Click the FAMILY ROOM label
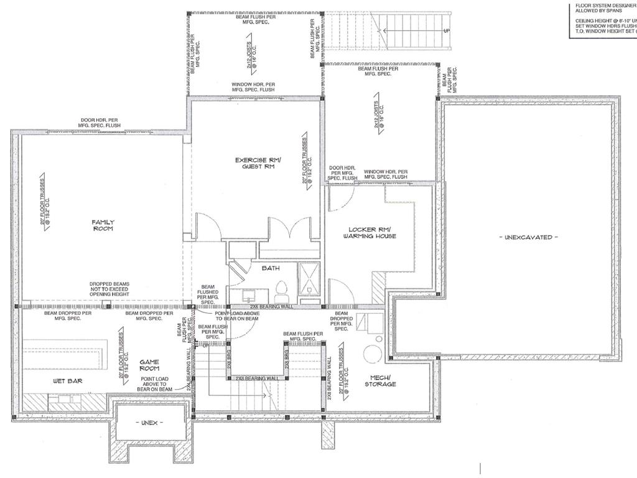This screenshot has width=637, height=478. [103, 225]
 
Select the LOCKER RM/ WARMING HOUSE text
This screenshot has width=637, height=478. [372, 233]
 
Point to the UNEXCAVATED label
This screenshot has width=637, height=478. [528, 237]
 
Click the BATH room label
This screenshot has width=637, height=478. [270, 268]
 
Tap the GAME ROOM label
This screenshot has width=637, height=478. [149, 365]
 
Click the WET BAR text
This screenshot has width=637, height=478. [68, 380]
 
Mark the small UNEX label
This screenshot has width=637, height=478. [149, 423]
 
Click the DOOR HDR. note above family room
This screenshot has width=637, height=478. [100, 123]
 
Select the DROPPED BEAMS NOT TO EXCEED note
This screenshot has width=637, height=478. [109, 289]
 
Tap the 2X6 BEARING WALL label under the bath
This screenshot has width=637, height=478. [271, 307]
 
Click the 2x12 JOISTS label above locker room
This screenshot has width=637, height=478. [378, 119]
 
